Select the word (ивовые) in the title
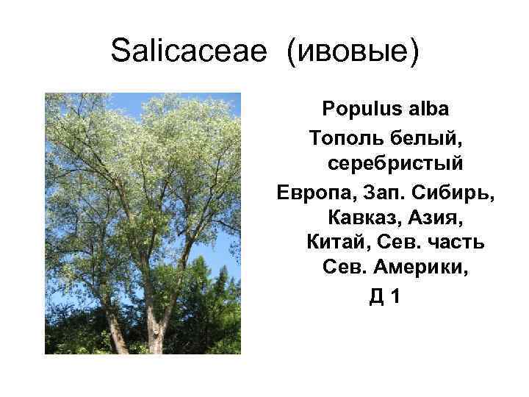click(350, 51)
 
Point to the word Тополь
click(345, 137)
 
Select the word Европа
click(317, 190)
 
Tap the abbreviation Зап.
click(389, 190)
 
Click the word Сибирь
click(458, 190)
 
